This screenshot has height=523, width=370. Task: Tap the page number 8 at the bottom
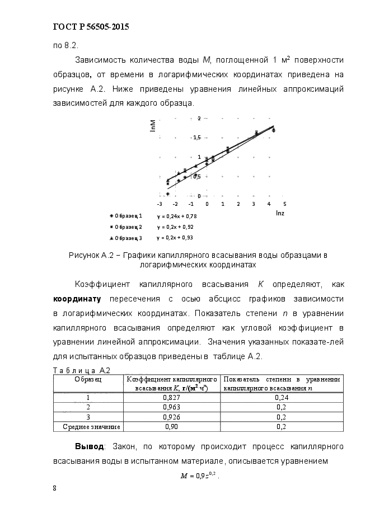pyautogui.click(x=54, y=488)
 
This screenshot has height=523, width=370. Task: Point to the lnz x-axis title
pyautogui.click(x=280, y=213)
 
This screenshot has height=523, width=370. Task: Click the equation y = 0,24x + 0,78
pyautogui.click(x=177, y=215)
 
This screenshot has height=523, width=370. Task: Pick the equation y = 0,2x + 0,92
pyautogui.click(x=175, y=227)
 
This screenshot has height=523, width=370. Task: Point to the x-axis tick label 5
pyautogui.click(x=285, y=204)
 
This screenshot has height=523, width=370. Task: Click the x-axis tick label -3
pyautogui.click(x=160, y=204)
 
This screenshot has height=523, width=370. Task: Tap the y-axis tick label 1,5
pyautogui.click(x=196, y=137)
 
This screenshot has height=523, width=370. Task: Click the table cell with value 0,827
pyautogui.click(x=171, y=398)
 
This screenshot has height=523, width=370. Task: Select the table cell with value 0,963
pyautogui.click(x=171, y=407)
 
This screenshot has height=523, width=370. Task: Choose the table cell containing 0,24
pyautogui.click(x=282, y=398)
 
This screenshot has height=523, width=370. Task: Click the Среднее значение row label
pyautogui.click(x=88, y=427)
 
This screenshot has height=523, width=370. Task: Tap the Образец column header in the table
pyautogui.click(x=88, y=379)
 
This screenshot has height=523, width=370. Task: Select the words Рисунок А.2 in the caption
pyautogui.click(x=90, y=255)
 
